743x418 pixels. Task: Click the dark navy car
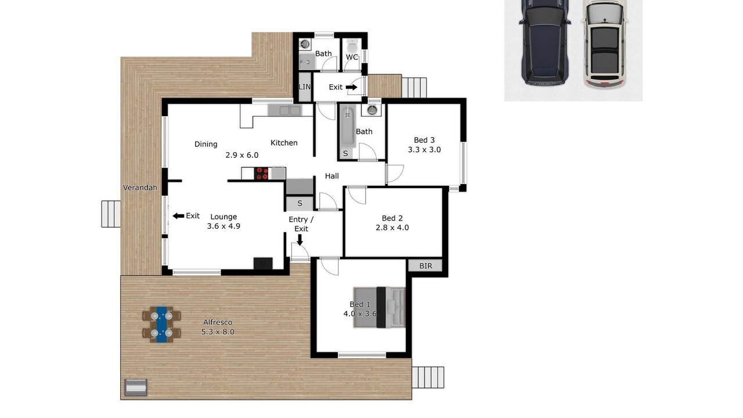tap(544, 42)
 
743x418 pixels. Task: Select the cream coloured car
tap(605, 44)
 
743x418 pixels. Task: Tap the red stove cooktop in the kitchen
tap(261, 174)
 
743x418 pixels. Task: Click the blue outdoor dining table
tap(162, 325)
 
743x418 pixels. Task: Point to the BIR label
tap(425, 266)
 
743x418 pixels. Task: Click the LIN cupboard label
tap(305, 87)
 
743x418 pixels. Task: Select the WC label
tap(352, 57)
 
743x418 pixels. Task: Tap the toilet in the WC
tap(352, 45)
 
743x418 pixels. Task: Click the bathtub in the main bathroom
tap(347, 126)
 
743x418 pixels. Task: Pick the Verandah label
tap(140, 188)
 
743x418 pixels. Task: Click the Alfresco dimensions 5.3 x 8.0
tap(218, 331)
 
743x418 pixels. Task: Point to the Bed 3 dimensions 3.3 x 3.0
tap(424, 150)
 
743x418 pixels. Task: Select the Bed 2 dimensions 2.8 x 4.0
tap(392, 228)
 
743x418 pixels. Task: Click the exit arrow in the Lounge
tap(178, 216)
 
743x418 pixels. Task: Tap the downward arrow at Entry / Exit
tap(300, 240)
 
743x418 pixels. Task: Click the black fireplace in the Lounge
tap(263, 264)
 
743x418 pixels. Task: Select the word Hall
tap(331, 176)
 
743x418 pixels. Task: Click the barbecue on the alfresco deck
tap(136, 387)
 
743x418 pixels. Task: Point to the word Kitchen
tap(284, 143)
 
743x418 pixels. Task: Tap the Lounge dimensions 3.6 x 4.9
tap(223, 226)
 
